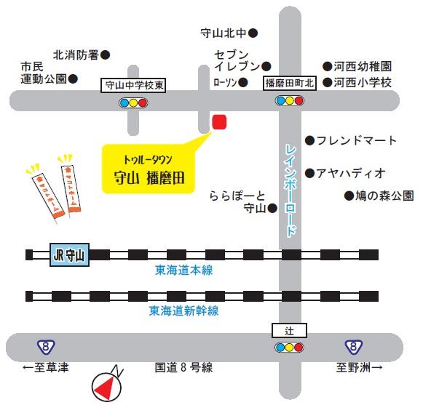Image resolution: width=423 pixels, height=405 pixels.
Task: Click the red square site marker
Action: click(219, 121)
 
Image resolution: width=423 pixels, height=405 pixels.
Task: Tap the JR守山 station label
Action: click(69, 255)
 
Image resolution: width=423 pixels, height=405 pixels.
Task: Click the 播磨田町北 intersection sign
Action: click(289, 84)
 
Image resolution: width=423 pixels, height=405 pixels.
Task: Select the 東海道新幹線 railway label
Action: click(183, 310)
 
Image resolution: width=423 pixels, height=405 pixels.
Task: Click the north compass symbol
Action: click(108, 385)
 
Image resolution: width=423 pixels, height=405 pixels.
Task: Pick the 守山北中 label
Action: click(224, 33)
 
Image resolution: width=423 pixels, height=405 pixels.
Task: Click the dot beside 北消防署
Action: click(106, 55)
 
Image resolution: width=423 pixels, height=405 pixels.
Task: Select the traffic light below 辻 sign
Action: click(288, 348)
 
